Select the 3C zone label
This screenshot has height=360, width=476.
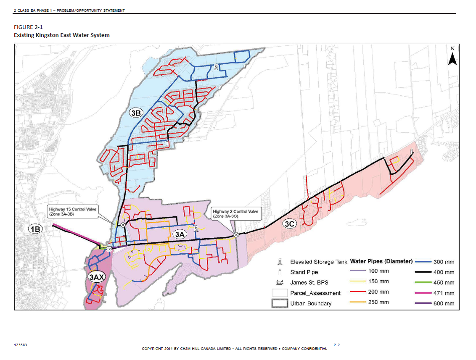(289, 224)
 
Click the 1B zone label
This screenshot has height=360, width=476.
(35, 229)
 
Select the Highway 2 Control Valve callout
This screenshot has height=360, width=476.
(235, 213)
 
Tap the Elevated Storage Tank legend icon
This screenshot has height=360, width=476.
(279, 262)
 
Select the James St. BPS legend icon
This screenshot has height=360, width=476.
(279, 282)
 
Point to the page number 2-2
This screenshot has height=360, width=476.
(337, 345)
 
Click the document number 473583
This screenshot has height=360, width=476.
(21, 345)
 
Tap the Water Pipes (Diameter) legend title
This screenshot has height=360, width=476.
(381, 261)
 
